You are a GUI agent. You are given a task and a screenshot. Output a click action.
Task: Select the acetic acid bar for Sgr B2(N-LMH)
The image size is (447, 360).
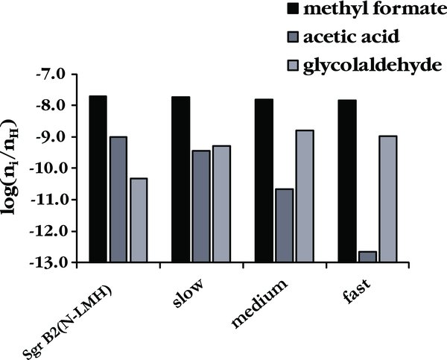(x=118, y=199)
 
